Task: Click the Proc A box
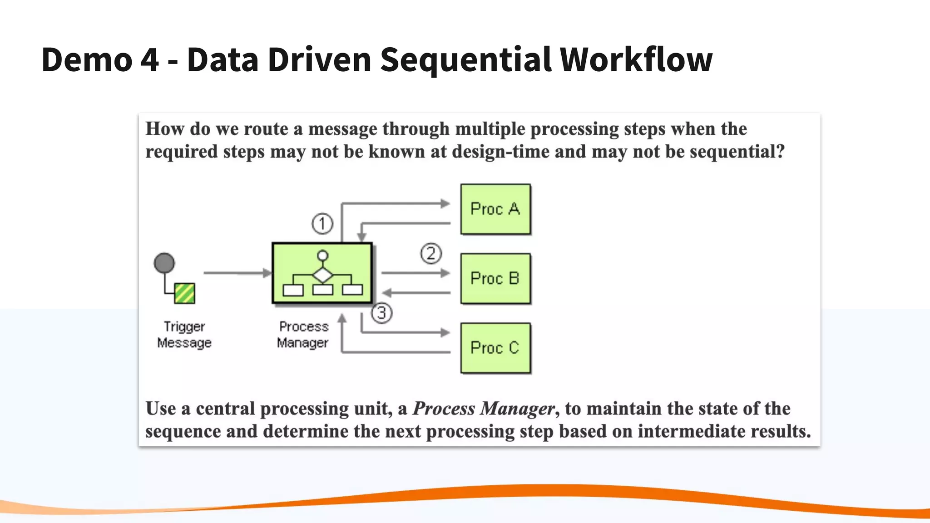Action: click(495, 209)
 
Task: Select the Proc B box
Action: click(495, 278)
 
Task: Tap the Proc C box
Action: click(495, 348)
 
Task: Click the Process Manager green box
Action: click(322, 273)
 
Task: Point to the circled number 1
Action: click(322, 224)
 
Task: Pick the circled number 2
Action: click(431, 254)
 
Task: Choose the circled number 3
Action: click(381, 313)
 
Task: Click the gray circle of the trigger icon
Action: click(164, 263)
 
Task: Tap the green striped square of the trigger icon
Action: click(184, 293)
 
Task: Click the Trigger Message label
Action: click(184, 335)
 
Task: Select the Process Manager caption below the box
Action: click(303, 335)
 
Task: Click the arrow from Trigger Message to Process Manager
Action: click(236, 273)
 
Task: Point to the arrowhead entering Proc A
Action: click(445, 204)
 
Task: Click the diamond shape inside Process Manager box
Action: click(322, 275)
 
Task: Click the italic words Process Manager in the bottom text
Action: click(484, 409)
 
